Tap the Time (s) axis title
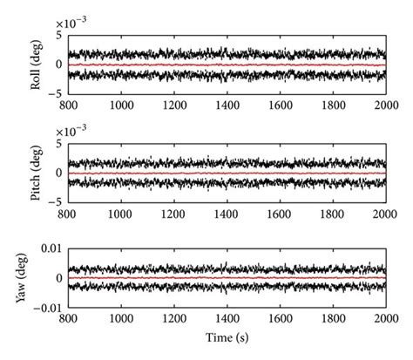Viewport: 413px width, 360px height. (227, 336)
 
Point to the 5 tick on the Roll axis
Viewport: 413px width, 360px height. (58, 36)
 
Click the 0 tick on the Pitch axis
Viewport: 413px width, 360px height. (58, 173)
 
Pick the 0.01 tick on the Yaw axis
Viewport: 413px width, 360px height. (51, 251)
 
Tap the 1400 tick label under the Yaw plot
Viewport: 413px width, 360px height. (227, 319)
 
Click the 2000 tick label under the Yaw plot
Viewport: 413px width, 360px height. (384, 319)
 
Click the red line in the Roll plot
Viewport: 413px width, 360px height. (227, 65)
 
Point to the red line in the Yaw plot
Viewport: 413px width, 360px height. (227, 278)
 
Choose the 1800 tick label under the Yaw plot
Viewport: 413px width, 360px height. (332, 319)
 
